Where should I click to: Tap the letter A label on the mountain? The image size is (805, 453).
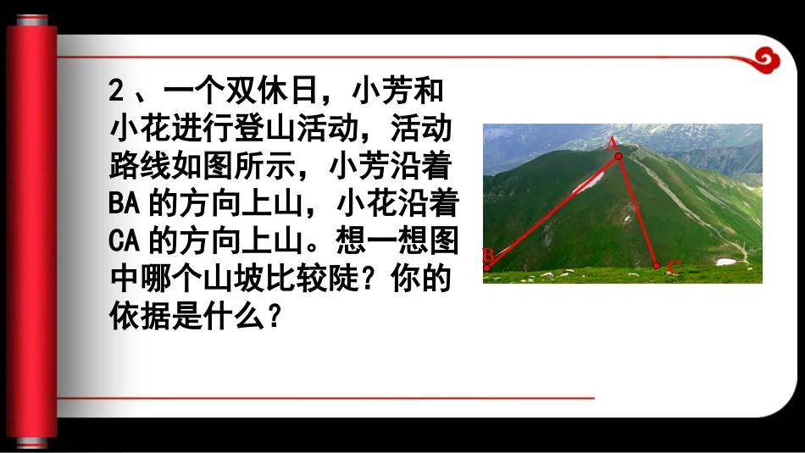pos(612,144)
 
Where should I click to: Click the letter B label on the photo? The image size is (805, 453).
pos(488,255)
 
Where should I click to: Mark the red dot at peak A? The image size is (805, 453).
pos(619,157)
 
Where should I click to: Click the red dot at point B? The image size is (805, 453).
pos(486,268)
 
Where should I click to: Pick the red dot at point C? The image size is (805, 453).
pos(656,265)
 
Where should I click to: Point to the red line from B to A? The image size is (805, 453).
pos(552,213)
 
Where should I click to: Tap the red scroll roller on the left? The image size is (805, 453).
pos(32,229)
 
